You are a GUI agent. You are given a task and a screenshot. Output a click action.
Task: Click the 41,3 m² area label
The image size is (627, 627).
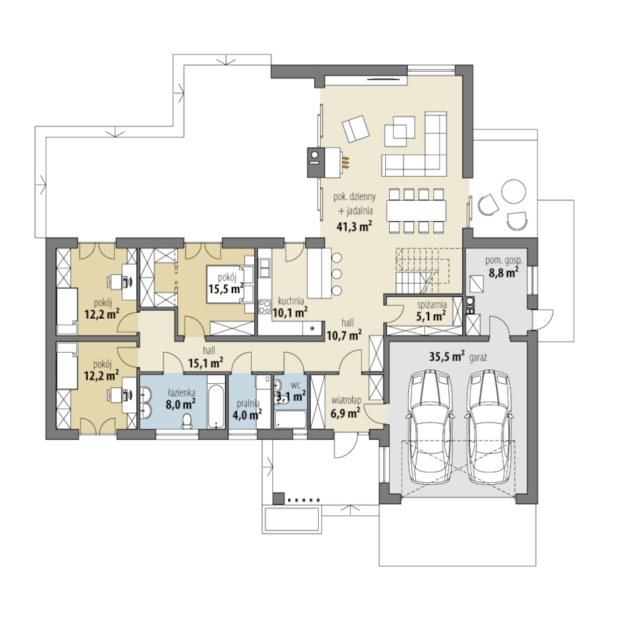click(355, 226)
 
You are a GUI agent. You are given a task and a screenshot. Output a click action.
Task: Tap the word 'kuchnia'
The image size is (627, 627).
click(291, 301)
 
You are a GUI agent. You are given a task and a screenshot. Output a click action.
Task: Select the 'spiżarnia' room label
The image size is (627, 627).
click(430, 305)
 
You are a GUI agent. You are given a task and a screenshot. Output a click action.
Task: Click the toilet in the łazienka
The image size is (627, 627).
click(187, 421)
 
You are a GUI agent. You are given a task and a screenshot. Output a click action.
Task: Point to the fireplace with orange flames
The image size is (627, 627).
click(325, 162)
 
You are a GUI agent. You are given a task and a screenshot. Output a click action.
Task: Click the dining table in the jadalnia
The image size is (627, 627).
click(416, 210)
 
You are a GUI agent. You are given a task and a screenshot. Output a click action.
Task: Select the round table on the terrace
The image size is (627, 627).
click(514, 191)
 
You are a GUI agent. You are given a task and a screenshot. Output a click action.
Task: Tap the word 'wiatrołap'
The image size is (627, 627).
click(346, 400)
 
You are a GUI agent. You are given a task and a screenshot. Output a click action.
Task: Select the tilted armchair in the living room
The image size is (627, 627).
click(355, 129)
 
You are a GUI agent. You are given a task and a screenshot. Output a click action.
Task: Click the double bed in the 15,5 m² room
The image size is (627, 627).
click(230, 285)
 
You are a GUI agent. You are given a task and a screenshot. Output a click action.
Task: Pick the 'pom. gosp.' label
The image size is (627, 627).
click(503, 261)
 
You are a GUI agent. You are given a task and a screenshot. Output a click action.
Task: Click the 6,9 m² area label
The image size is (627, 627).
click(345, 412)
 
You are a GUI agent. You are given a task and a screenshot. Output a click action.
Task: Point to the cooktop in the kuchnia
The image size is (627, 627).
click(264, 307)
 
